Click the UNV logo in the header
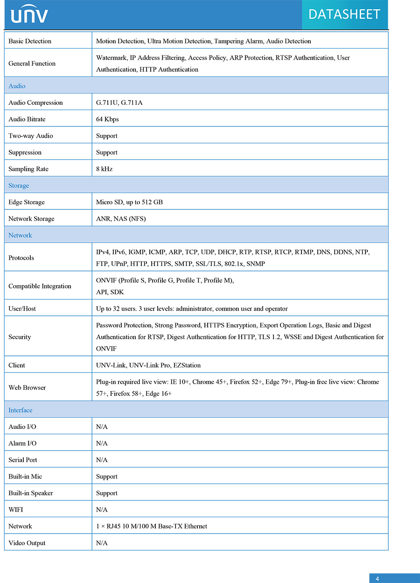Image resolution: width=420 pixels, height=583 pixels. coord(29,14)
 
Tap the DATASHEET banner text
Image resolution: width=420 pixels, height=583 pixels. coord(344,14)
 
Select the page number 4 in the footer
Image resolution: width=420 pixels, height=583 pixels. coord(377,579)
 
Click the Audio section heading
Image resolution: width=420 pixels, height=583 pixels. coord(17,86)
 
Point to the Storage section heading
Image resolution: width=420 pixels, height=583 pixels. coord(19,186)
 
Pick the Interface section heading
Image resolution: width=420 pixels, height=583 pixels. coord(21,410)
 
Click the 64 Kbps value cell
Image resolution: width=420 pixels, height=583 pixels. coord(107,119)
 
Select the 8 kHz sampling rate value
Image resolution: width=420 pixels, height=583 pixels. coord(104,169)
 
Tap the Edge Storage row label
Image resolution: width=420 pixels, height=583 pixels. coord(27,202)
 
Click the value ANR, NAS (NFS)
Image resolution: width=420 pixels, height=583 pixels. coord(121,219)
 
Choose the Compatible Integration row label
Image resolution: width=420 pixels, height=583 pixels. coord(40,286)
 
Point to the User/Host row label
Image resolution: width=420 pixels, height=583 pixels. coord(22,309)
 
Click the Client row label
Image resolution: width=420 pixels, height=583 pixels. coord(17,365)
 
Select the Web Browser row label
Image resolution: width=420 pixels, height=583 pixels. coord(27,388)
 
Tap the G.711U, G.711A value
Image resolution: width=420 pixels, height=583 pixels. coord(119,103)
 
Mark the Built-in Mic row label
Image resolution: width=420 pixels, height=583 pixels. coord(25,476)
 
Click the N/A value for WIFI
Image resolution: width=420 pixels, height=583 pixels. coord(102,509)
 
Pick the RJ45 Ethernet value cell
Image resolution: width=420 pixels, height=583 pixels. coord(151,526)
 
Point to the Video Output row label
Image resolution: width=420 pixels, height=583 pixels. coord(27,543)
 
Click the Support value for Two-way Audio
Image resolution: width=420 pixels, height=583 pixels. coord(106,136)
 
